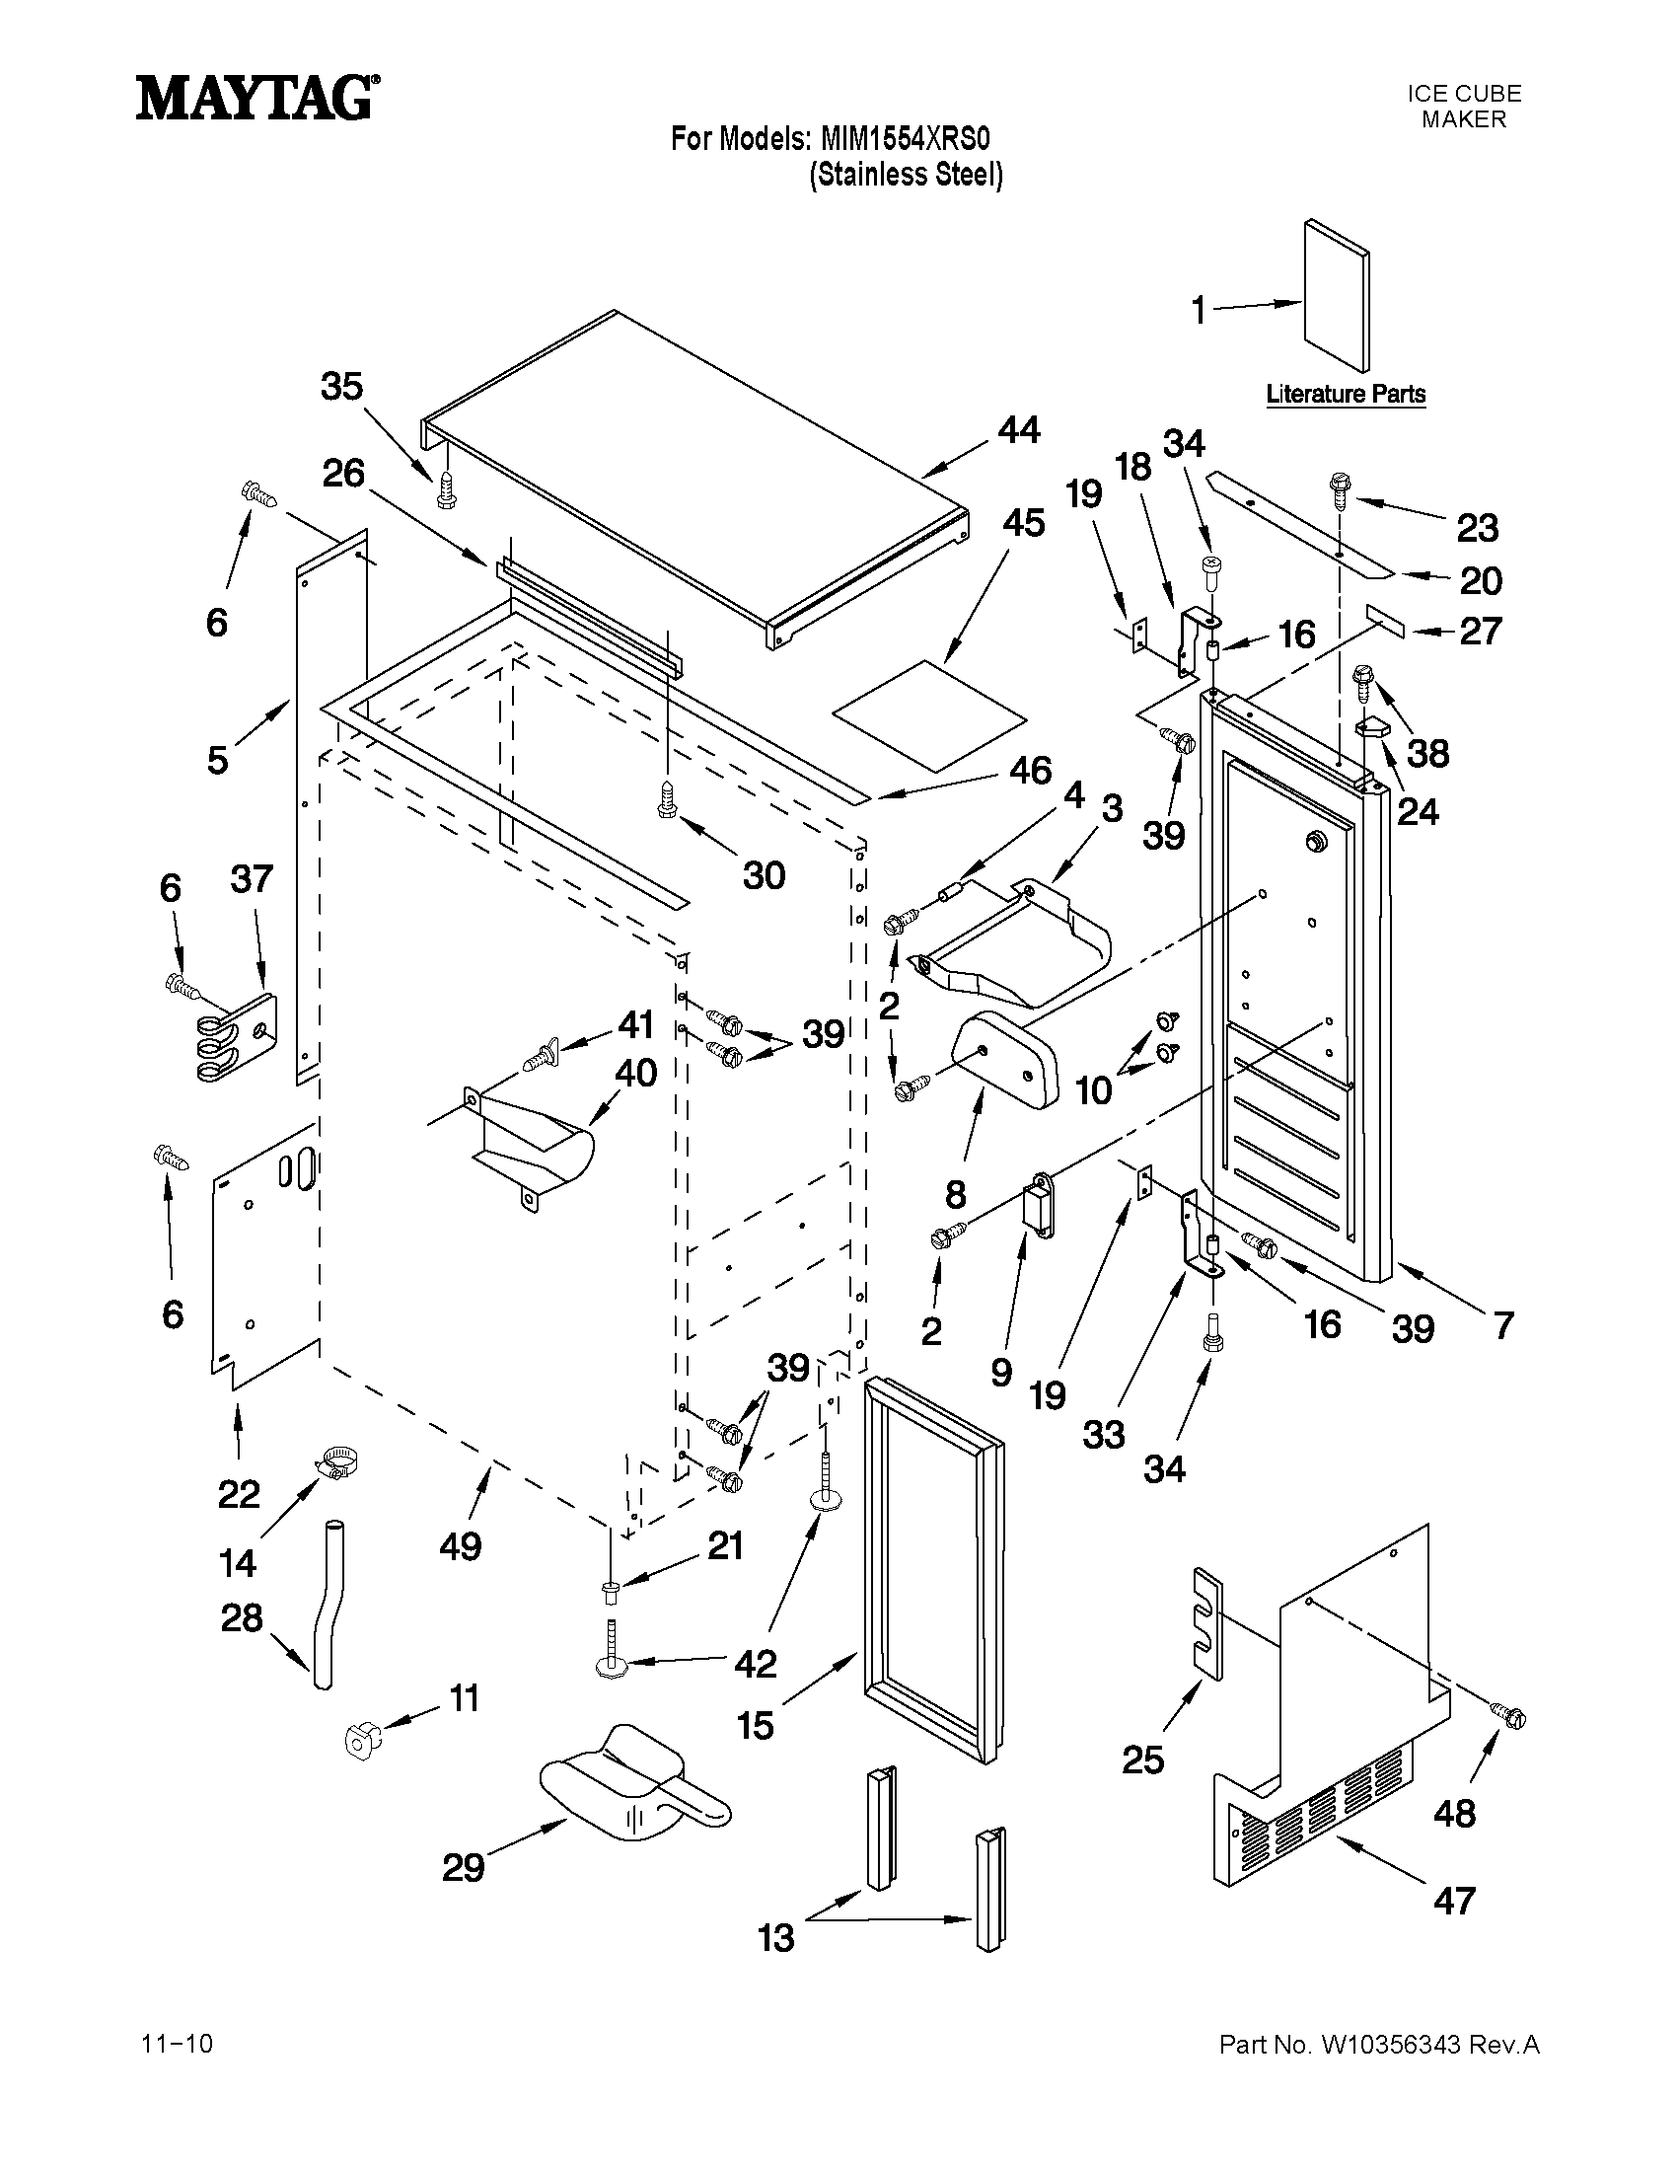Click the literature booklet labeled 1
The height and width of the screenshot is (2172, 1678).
[x=1336, y=296]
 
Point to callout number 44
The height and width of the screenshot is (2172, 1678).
[x=1019, y=430]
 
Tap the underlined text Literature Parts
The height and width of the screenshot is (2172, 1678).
[x=1345, y=394]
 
